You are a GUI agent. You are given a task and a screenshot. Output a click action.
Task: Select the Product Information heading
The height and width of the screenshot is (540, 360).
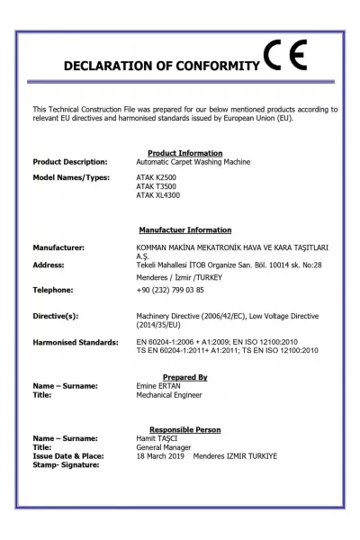(184, 153)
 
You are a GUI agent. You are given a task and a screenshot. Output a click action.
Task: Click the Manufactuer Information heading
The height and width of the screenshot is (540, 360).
(184, 230)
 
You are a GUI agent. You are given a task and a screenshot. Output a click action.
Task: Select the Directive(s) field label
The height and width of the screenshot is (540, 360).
(56, 317)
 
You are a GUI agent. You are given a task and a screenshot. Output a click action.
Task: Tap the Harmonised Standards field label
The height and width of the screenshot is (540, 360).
(76, 343)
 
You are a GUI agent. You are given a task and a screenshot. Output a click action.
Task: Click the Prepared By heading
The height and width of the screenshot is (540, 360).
(184, 377)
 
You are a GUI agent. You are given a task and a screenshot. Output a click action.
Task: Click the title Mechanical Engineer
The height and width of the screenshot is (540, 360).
(169, 394)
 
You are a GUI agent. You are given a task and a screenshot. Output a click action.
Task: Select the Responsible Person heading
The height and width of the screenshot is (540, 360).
(184, 429)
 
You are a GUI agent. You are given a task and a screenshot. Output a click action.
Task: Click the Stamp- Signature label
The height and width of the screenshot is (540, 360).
(66, 464)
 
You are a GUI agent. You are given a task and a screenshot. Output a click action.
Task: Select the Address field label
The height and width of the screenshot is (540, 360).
(49, 265)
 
